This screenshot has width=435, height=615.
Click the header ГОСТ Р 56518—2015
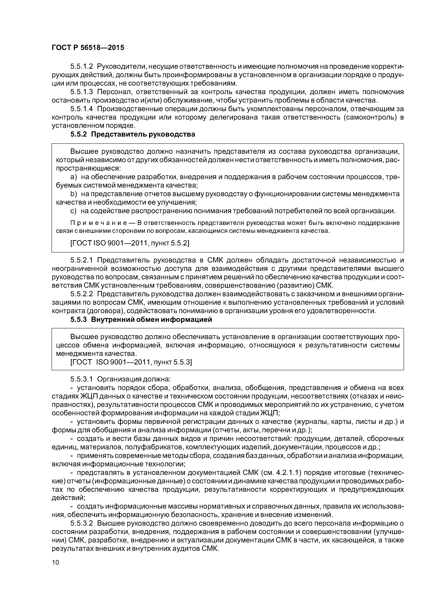point(88,48)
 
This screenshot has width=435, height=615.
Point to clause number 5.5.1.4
point(82,109)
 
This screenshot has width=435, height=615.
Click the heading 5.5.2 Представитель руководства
point(133,134)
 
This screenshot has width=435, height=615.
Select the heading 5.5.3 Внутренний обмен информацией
point(141,320)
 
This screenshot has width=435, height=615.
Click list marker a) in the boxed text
point(73,177)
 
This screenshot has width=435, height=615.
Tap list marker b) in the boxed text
point(73,194)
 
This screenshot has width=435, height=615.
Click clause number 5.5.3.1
point(82,379)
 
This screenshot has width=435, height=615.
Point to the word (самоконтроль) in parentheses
point(371,118)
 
